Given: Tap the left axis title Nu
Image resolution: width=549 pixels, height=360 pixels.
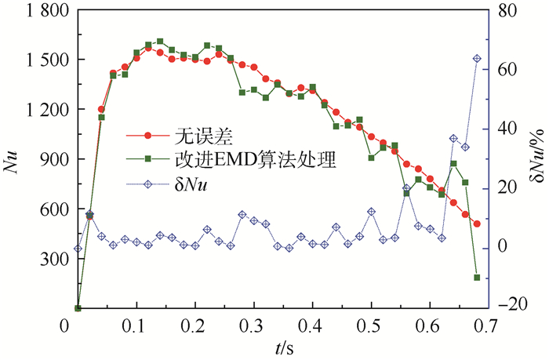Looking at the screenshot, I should pos(12,162).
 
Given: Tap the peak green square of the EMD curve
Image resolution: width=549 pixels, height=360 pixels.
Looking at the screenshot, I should pos(160,42).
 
